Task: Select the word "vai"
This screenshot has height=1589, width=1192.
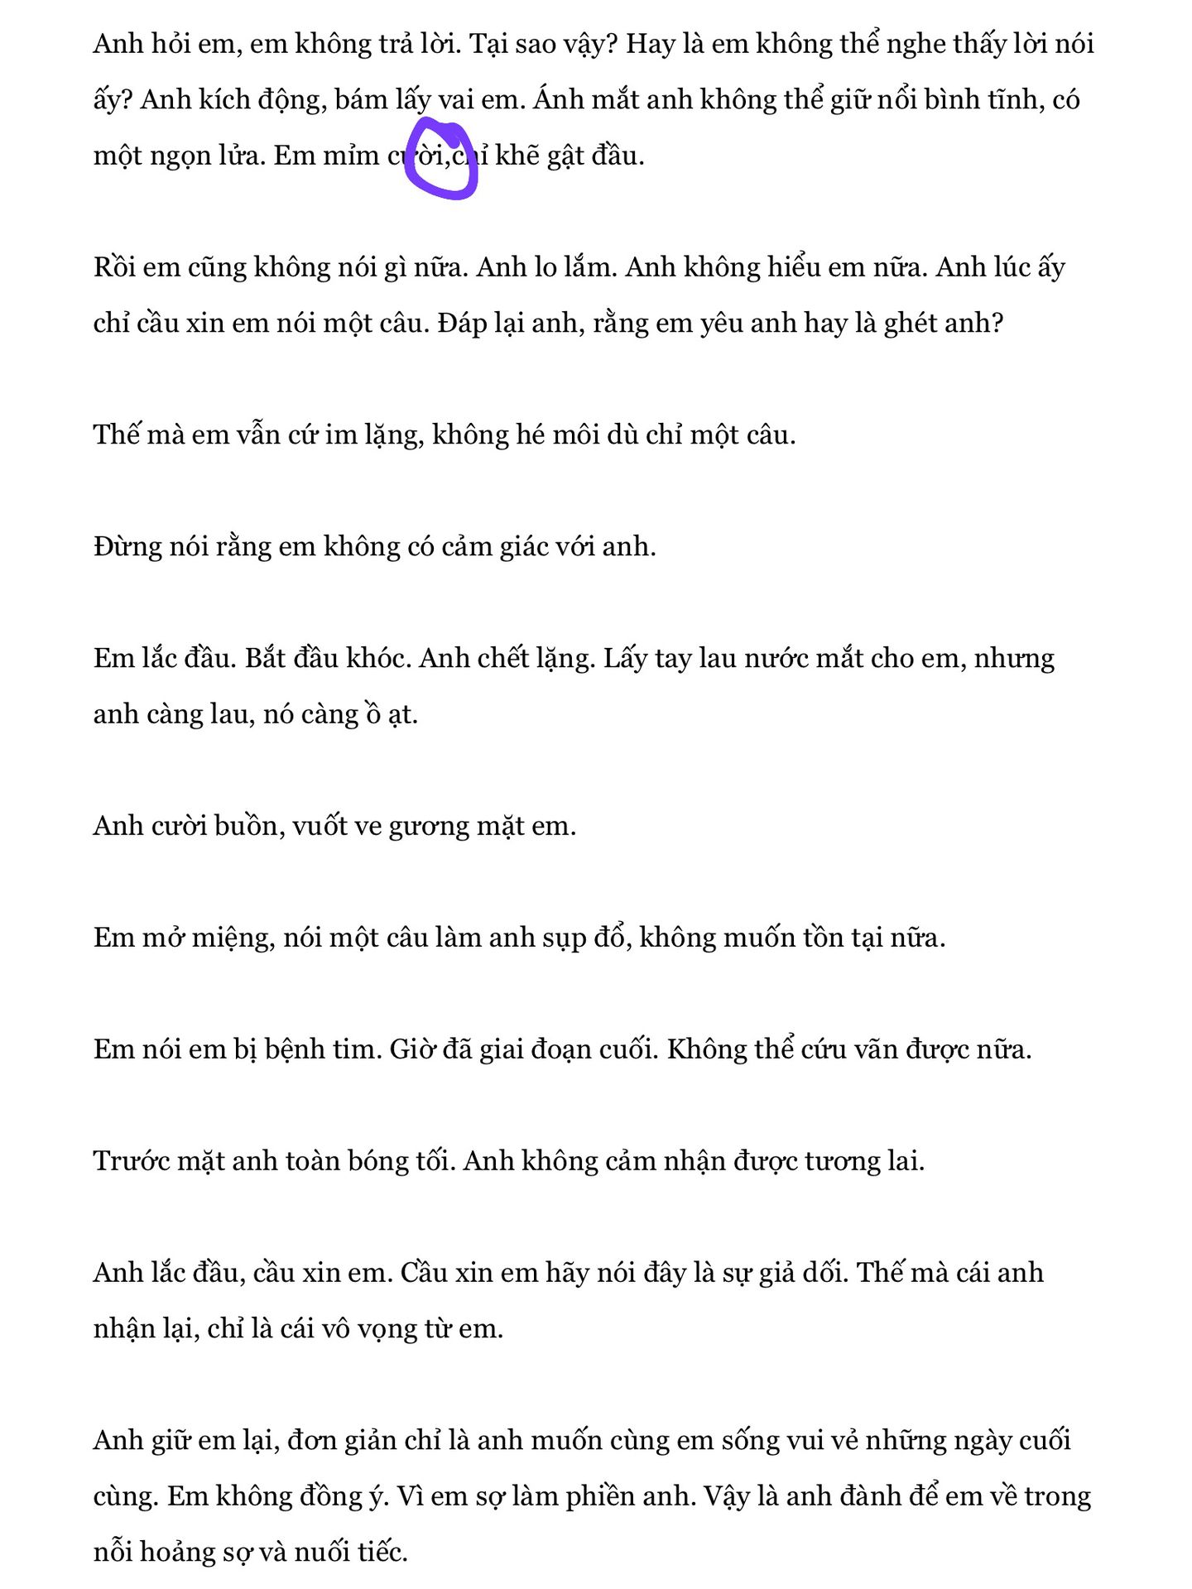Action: [x=455, y=100]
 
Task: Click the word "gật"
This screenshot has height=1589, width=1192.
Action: [x=565, y=156]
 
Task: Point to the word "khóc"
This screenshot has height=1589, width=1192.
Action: [x=378, y=659]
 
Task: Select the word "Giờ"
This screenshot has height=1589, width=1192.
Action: [x=411, y=1049]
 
